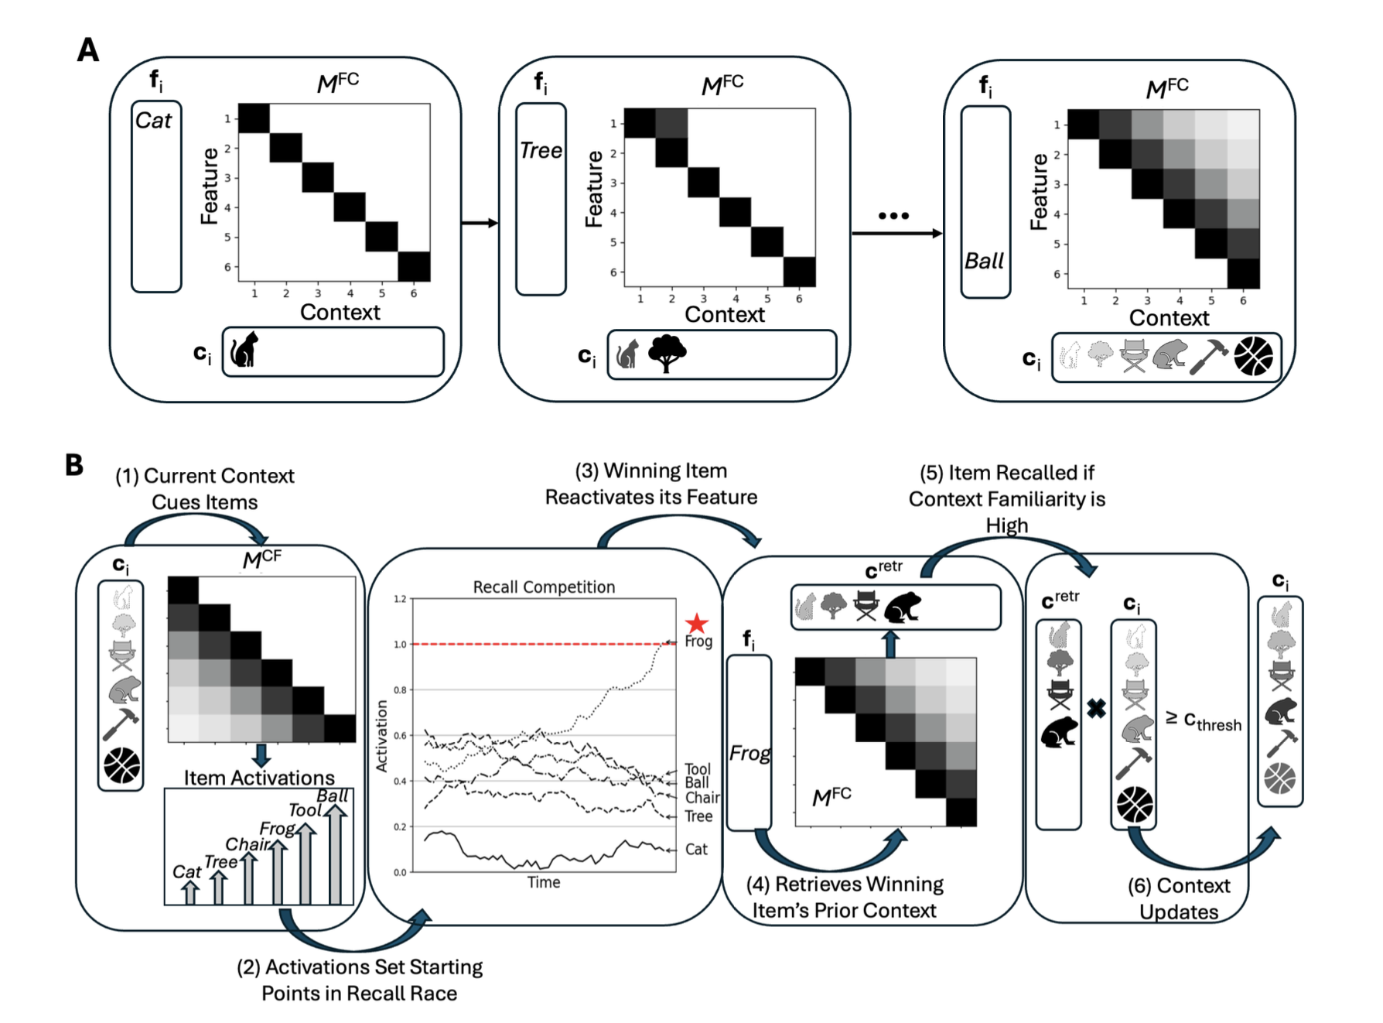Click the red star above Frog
point(697,623)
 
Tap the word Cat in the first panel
point(153,121)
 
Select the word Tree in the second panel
point(541,150)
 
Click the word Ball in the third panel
point(984,261)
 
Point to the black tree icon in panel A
point(667,354)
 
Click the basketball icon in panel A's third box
point(1253,357)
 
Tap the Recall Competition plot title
point(544,587)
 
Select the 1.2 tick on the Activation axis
point(400,599)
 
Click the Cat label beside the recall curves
point(696,850)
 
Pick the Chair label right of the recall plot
point(702,798)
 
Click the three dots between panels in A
point(893,216)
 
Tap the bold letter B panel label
point(74,465)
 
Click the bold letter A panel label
point(88,50)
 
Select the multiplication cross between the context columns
point(1096,708)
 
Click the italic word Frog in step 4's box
point(750,753)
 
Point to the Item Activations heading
point(259,778)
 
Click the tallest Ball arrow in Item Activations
point(335,851)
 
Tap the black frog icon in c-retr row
point(902,607)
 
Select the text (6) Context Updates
point(1179,898)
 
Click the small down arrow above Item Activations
point(261,754)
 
